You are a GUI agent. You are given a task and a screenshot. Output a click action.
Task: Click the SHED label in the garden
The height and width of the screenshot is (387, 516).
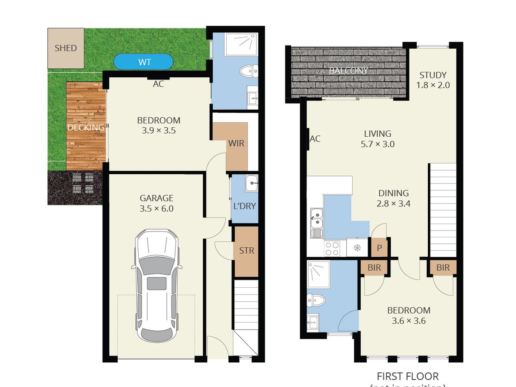tap(66, 48)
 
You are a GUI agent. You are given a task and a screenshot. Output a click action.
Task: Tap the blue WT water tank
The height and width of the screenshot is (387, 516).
tap(144, 62)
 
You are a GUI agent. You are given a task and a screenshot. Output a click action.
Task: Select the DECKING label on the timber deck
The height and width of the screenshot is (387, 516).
tap(86, 127)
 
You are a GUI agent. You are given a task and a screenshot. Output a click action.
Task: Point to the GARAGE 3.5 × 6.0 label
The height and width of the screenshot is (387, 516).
tap(157, 203)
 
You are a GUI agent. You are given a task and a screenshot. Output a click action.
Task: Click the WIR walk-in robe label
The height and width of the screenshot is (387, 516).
tap(236, 143)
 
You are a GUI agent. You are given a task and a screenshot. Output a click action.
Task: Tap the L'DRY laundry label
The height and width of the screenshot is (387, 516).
tap(244, 206)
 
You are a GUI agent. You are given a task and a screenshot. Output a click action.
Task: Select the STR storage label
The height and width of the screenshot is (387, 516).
tap(246, 251)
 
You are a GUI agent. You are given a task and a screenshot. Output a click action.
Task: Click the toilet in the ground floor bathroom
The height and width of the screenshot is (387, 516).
tap(249, 71)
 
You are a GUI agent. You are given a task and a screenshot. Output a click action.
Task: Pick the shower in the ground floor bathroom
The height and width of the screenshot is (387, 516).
tap(240, 44)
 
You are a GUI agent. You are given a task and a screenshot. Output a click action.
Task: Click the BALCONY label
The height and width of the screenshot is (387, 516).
tap(348, 71)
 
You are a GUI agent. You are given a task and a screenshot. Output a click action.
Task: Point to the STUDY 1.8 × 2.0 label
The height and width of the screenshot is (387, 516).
tap(433, 80)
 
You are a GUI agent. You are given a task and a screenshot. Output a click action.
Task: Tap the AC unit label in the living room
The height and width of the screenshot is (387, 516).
tap(315, 138)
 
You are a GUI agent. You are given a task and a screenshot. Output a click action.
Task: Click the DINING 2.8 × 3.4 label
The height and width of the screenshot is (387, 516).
tap(393, 198)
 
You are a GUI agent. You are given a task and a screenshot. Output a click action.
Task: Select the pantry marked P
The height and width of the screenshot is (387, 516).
tap(379, 248)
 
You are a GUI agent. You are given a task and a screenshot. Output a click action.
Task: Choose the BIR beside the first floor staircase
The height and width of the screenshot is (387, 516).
tap(443, 267)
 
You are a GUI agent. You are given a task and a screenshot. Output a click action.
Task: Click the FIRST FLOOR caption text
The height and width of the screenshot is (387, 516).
tap(408, 377)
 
